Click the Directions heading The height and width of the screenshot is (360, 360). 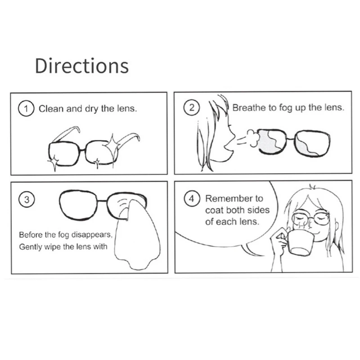[x=81, y=66]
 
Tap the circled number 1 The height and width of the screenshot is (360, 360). [x=27, y=109]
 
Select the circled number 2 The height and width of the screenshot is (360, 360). [x=192, y=108]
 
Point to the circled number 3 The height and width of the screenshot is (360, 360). [x=27, y=200]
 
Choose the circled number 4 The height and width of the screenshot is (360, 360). [x=192, y=198]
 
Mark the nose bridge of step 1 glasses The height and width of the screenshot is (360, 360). [x=83, y=148]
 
